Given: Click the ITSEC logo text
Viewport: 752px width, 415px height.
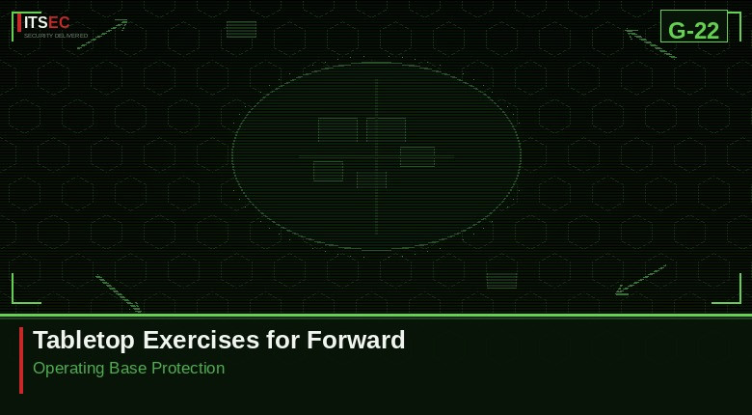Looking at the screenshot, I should [46, 22].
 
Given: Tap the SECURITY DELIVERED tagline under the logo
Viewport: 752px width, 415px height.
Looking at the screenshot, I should [56, 36].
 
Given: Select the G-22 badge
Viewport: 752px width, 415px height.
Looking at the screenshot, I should [693, 30].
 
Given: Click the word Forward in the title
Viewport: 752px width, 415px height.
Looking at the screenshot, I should [356, 340].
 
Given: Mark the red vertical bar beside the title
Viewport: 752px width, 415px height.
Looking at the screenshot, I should [21, 360].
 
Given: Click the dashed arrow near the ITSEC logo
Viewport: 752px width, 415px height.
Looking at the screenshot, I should [102, 34].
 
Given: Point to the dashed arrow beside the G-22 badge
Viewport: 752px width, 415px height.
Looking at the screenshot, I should [651, 43].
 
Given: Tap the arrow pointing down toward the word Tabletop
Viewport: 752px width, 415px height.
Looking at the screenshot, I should [119, 293].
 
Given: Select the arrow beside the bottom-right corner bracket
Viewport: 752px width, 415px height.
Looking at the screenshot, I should [641, 279].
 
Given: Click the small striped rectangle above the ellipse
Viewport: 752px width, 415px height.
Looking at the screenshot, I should [241, 29].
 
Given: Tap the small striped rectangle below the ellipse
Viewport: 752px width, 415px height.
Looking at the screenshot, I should [501, 280].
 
